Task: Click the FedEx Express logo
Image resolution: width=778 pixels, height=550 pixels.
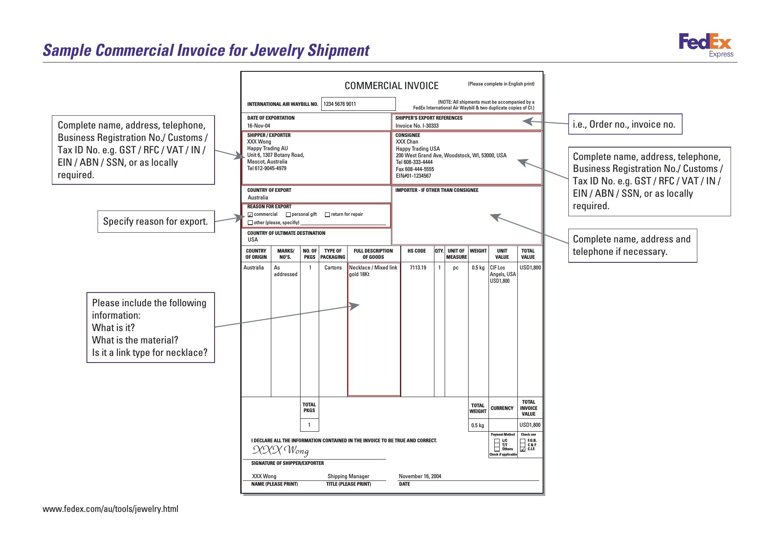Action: click(706, 45)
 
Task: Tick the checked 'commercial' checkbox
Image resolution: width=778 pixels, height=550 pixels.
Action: click(250, 215)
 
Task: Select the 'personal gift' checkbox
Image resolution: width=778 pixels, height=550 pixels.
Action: click(288, 215)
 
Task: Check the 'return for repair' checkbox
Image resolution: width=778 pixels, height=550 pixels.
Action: click(327, 215)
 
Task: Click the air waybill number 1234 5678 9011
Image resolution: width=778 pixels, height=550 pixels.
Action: click(340, 104)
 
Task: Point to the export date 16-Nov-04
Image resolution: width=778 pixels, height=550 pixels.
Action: click(258, 126)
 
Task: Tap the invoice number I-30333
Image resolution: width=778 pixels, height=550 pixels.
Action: click(417, 126)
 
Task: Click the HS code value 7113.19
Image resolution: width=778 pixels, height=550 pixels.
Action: click(418, 268)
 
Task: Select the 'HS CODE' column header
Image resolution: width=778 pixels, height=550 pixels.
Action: click(416, 251)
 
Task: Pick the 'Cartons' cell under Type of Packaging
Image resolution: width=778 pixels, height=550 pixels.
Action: click(333, 268)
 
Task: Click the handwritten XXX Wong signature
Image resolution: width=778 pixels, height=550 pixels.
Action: click(281, 451)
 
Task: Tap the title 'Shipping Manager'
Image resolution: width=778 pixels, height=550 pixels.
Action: click(348, 476)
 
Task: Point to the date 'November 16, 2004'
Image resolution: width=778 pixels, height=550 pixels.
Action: click(420, 476)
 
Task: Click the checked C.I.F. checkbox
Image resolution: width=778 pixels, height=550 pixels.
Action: click(523, 449)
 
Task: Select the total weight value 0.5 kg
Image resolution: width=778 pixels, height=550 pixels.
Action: click(477, 425)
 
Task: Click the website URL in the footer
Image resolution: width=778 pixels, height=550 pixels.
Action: click(110, 509)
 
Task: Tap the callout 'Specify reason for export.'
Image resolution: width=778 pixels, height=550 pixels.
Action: click(156, 222)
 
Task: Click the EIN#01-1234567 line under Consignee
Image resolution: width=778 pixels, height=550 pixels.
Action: click(413, 176)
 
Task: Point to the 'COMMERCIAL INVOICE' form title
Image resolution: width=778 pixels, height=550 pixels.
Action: click(391, 86)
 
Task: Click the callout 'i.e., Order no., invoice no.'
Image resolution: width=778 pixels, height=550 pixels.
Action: click(624, 125)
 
